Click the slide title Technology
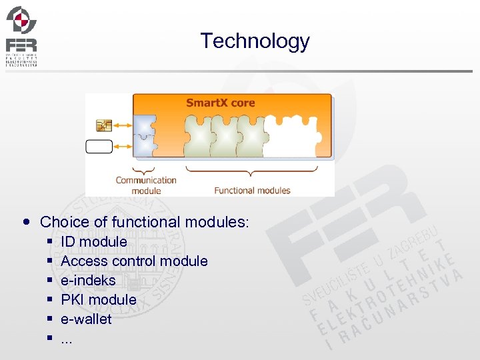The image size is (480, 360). pos(255,41)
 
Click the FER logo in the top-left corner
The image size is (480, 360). pos(21,36)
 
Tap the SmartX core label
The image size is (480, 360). pos(220,103)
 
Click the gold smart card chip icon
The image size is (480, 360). pos(103,125)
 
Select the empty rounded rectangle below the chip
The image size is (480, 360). pos(99,146)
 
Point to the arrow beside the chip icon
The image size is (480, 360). pos(123,125)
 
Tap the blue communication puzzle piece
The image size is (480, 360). pos(144,136)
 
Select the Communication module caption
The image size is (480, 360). pos(146,185)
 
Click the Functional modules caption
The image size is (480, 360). pos(252,190)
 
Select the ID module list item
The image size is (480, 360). pos(93,242)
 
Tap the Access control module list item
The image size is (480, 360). pos(134,261)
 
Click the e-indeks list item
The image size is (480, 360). pos(88,281)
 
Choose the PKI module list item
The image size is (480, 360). pos(98,300)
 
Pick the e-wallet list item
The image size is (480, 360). pos(86,319)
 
